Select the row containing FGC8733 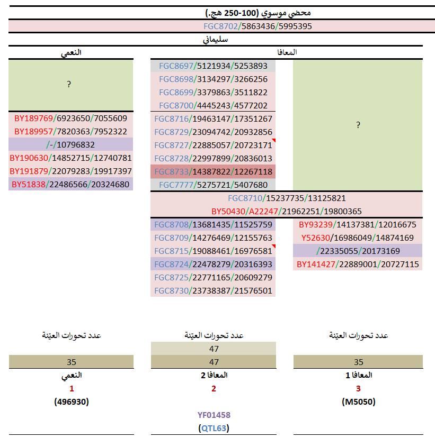tap(213, 171)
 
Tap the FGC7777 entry tap(213, 185)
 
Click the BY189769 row tap(70, 118)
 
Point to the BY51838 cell tap(70, 185)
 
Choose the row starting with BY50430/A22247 tap(287, 211)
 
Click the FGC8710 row tap(287, 198)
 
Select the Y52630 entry tap(358, 238)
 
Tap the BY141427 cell tap(358, 264)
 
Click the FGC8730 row tap(213, 290)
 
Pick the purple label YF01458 tap(214, 415)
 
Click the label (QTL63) tap(214, 428)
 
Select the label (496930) tap(71, 401)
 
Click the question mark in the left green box tap(69, 85)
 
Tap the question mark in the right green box tap(358, 125)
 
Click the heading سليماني tap(216, 39)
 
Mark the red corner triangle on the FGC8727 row tap(273, 141)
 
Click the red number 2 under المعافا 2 tap(214, 389)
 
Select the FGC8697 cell tap(213, 66)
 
